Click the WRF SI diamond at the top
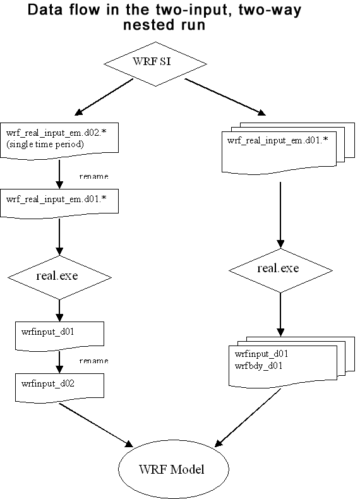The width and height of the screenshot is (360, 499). point(155,64)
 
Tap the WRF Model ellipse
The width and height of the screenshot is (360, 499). point(174,469)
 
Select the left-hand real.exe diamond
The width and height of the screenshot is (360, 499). point(59,277)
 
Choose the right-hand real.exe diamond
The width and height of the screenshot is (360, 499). point(280,270)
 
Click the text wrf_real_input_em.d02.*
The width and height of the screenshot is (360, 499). point(56,133)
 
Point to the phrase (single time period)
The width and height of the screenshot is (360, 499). point(45,145)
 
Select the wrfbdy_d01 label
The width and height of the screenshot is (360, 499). point(258,366)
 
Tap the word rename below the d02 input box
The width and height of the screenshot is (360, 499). point(93,176)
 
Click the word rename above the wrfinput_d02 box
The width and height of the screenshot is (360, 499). point(93,361)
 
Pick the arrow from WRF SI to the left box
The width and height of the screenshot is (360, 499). point(104,97)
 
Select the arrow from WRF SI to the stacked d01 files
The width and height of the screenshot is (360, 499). point(225,97)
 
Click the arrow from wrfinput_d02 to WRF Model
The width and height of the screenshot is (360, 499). point(96,425)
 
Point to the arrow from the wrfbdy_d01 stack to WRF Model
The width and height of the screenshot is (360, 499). point(248,418)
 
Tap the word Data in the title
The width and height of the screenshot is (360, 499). point(45,10)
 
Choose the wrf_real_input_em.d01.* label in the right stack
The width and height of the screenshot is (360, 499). point(277,140)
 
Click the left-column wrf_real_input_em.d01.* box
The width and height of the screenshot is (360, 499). point(59,203)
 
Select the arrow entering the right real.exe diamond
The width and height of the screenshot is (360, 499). point(280,215)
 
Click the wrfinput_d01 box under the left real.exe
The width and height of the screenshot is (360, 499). point(59,336)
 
